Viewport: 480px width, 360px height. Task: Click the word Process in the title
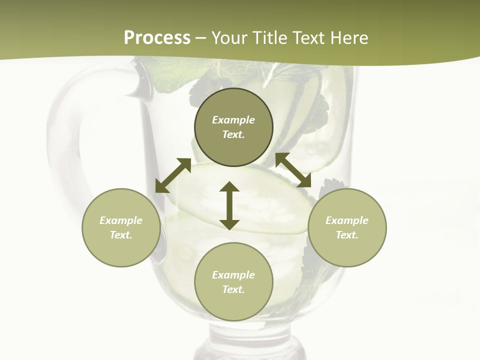tap(157, 38)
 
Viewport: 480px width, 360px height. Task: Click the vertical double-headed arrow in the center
tap(229, 205)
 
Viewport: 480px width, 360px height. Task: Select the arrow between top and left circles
tap(173, 175)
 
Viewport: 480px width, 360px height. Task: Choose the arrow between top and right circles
tap(293, 170)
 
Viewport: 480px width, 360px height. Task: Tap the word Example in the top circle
tap(233, 120)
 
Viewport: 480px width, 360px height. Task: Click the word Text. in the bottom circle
tap(233, 289)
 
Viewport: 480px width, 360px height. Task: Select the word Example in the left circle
tap(121, 220)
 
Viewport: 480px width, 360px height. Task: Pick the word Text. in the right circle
tap(347, 235)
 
